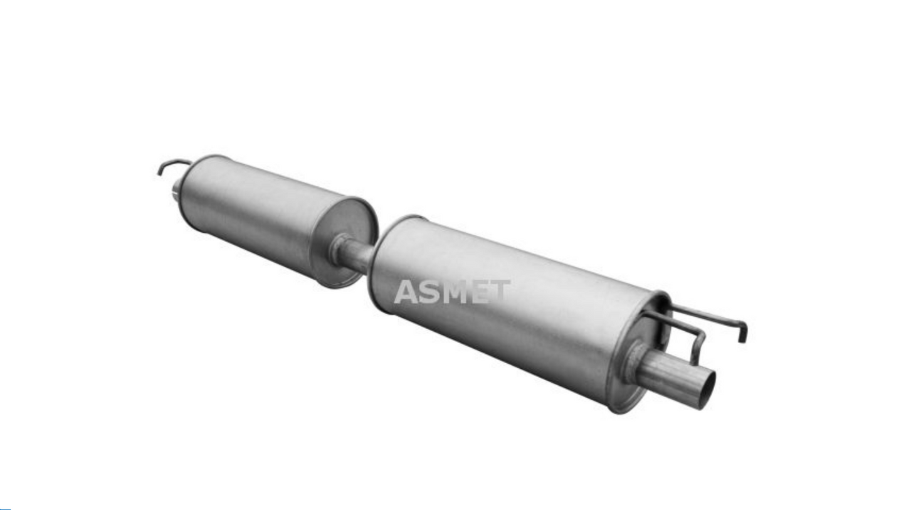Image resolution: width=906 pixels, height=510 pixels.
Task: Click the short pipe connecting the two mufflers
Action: tap(357, 254)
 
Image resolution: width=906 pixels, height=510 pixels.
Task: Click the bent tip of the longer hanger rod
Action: tap(742, 332)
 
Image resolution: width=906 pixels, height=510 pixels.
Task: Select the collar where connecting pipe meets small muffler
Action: tap(339, 248)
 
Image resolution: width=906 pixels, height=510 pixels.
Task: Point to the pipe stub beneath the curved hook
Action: tap(176, 190)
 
